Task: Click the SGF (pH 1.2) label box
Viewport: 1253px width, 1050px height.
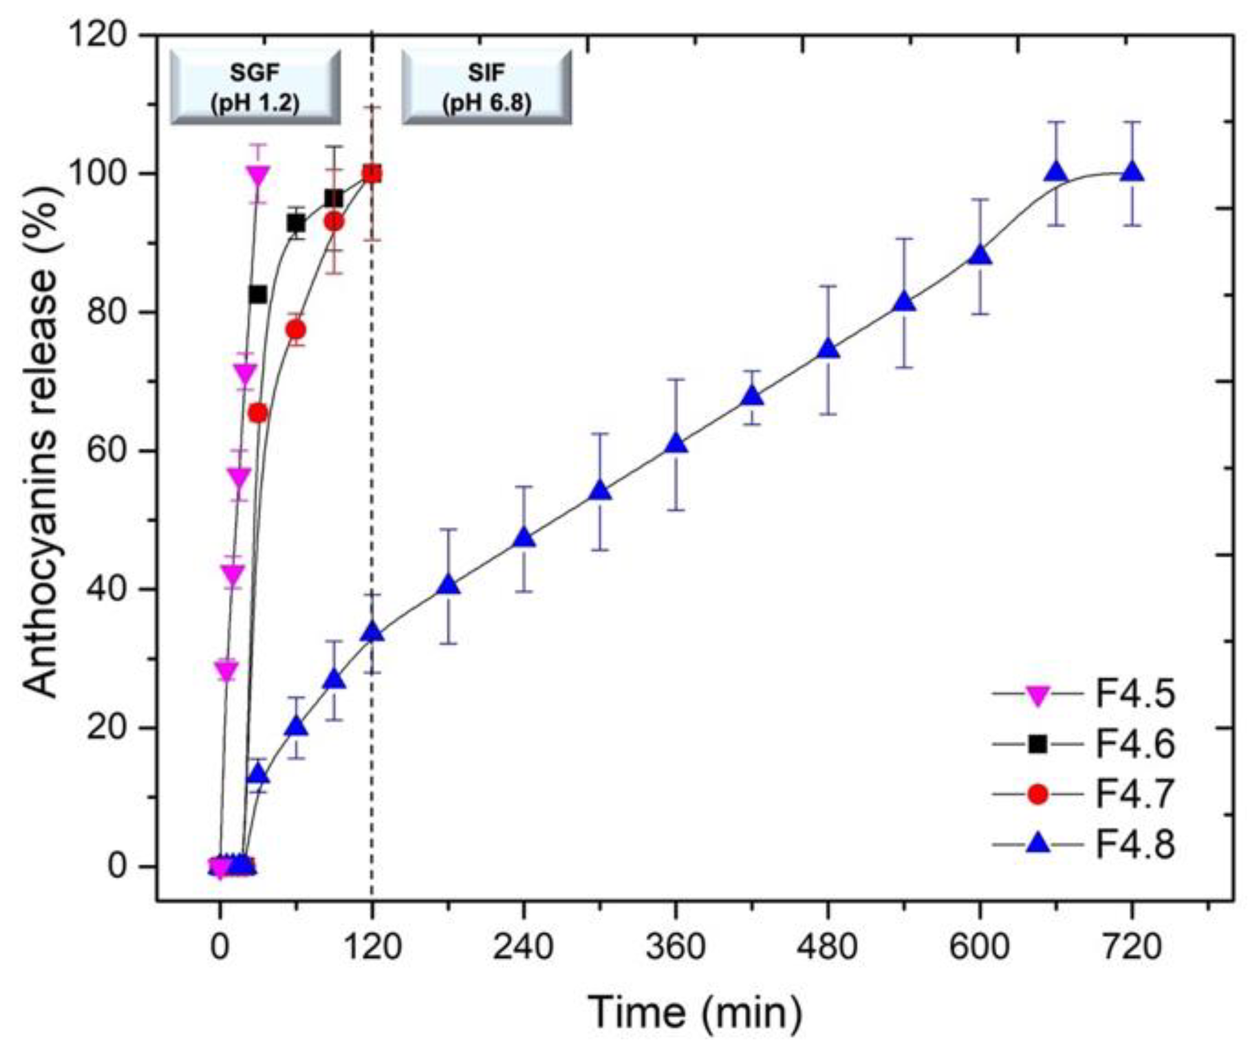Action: [256, 87]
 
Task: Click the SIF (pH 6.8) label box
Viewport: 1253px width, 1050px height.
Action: [486, 87]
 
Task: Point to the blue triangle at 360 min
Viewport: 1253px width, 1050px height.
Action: [676, 444]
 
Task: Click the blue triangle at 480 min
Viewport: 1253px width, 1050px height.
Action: [828, 349]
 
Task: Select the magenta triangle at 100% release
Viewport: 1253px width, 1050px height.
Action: [258, 175]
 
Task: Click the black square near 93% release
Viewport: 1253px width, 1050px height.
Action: [296, 224]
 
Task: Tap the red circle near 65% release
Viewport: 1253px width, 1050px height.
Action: [258, 413]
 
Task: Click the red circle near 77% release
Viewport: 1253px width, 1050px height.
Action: [296, 329]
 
